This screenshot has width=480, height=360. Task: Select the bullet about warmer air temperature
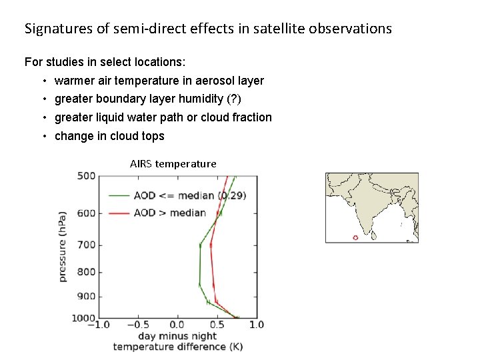point(159,81)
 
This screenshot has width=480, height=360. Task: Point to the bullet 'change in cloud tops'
point(109,136)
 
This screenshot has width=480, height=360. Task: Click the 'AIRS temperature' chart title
point(173,163)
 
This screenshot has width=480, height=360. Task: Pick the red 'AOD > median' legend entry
point(169,213)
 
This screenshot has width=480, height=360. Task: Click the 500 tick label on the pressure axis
point(87,176)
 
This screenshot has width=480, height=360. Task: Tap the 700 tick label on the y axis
point(87,245)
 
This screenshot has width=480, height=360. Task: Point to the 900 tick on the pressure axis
point(87,296)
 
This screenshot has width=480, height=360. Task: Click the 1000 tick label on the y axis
point(84,318)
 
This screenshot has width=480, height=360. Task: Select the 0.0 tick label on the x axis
point(177,325)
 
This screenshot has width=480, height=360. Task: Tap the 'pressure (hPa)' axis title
point(63,247)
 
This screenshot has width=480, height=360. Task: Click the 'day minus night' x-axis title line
point(177,336)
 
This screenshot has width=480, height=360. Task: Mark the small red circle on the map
point(355,237)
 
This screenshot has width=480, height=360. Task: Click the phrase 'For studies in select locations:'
point(105,62)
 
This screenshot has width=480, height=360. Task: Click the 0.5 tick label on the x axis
point(217,325)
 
